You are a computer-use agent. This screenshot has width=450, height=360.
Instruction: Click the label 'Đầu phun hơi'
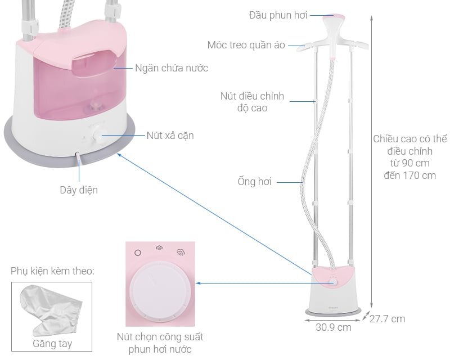click(x=278, y=15)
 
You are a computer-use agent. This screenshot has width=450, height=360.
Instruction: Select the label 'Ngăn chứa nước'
click(x=172, y=68)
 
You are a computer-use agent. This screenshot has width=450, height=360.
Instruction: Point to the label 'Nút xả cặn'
click(x=170, y=136)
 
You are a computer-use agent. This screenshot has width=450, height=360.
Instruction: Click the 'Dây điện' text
click(x=79, y=190)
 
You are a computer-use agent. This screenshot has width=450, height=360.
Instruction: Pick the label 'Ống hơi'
click(x=254, y=182)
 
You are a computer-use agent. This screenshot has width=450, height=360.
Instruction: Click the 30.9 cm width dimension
click(x=334, y=327)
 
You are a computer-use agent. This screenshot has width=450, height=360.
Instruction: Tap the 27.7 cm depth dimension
click(x=387, y=319)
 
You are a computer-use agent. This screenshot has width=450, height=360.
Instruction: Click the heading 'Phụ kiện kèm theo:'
click(x=52, y=271)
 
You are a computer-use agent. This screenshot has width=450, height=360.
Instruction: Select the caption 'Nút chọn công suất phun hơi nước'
click(x=160, y=343)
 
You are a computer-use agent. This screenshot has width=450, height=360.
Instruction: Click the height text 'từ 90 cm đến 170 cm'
click(x=404, y=169)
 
